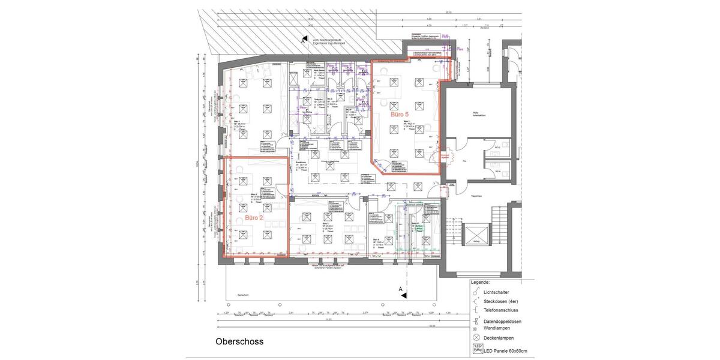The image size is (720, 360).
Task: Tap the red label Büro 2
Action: [x=253, y=218]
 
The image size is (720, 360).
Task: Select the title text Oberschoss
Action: [x=239, y=341]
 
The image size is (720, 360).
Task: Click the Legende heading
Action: [x=480, y=282]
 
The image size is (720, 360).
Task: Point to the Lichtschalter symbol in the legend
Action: [x=475, y=292]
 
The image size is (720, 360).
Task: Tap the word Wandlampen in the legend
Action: [x=498, y=328]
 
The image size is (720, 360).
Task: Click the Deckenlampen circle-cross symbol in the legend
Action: [x=476, y=338]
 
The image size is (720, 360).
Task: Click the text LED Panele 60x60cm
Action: [x=505, y=350]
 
